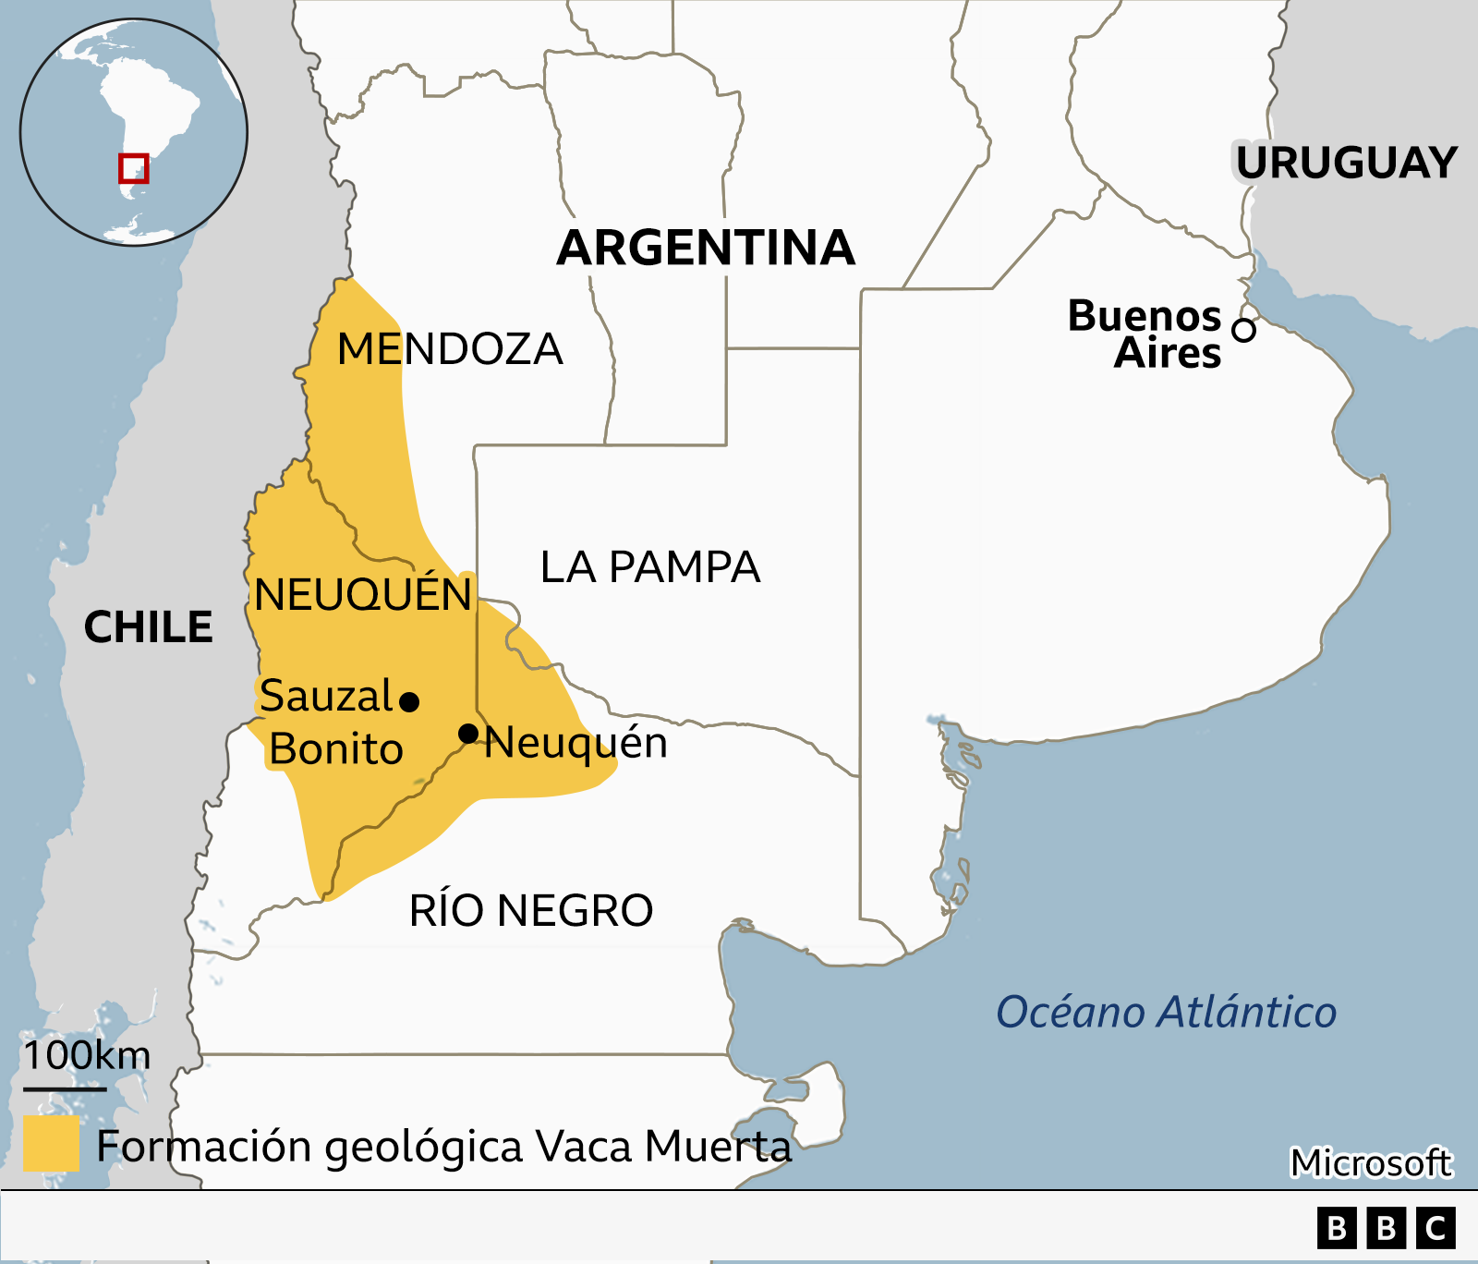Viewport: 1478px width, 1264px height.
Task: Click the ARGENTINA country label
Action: point(706,248)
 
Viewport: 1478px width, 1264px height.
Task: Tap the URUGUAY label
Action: point(1346,164)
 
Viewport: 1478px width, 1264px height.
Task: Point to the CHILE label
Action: point(148,627)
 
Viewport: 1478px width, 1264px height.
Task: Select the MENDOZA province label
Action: point(450,349)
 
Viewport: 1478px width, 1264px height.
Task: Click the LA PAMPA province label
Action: point(649,567)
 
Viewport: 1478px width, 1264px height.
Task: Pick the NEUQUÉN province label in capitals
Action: point(363,595)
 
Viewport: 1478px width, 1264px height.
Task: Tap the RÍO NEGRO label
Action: point(531,911)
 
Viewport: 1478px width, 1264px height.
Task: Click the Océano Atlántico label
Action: point(1166,1012)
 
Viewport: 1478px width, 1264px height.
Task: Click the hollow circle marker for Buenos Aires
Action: point(1244,330)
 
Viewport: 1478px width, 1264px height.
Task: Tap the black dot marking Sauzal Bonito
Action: point(409,702)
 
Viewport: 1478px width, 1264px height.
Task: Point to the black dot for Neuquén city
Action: point(468,734)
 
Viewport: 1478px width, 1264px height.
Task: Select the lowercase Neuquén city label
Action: point(576,743)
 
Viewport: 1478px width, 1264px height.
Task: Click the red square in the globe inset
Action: point(134,169)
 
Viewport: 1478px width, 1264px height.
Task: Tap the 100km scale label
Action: point(87,1055)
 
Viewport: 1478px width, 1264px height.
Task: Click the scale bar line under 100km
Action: point(65,1088)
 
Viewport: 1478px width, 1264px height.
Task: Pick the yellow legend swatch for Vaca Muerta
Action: point(51,1144)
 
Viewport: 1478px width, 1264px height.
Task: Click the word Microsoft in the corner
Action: point(1371,1163)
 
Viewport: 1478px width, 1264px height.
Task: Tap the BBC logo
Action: point(1386,1229)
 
